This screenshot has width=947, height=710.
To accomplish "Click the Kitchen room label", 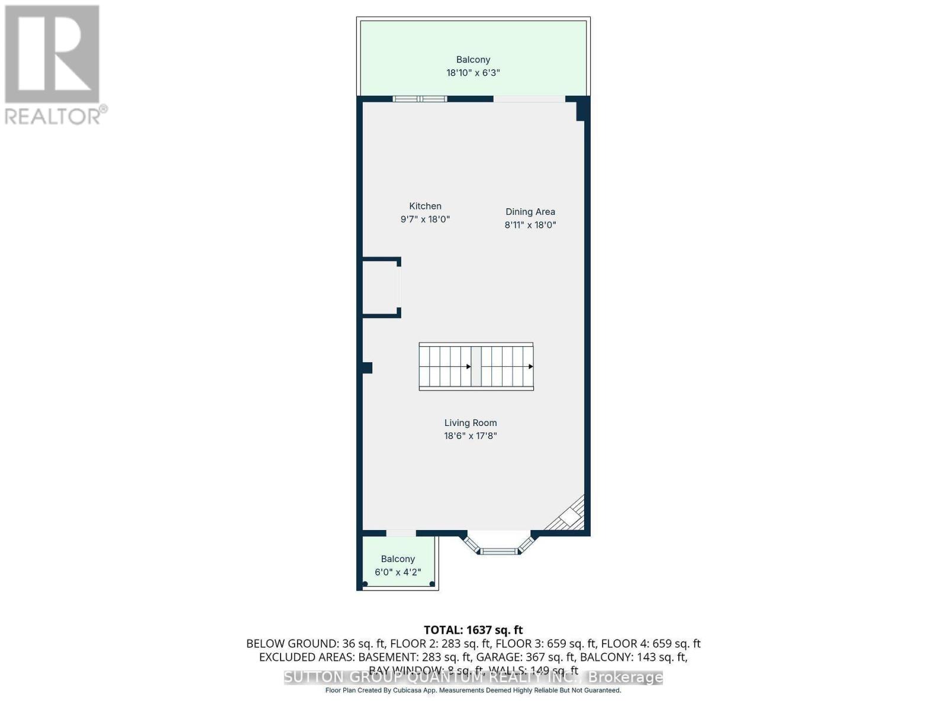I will tap(425, 206).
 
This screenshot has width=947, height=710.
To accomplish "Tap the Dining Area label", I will tap(530, 211).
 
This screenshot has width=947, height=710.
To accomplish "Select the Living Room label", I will tap(471, 422).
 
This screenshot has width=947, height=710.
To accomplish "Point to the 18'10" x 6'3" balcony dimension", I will tap(473, 73).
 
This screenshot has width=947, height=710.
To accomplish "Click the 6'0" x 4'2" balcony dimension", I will tap(398, 572).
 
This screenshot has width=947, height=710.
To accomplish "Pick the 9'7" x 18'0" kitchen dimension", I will tap(425, 219).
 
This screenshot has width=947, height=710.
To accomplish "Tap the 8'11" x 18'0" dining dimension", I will tap(530, 225).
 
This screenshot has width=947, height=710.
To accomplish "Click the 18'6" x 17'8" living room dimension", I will tap(471, 436).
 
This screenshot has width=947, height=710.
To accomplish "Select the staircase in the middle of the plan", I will tap(476, 366).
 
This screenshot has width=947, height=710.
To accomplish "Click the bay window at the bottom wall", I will tap(499, 550).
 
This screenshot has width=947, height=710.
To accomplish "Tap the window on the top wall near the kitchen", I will tap(420, 98).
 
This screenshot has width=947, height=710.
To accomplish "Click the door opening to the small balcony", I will tap(401, 533).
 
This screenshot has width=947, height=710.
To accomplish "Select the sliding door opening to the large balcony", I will tap(529, 98).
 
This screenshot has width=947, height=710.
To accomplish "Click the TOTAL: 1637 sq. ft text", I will tap(473, 630).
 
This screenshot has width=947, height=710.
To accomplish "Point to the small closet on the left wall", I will tap(381, 288).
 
